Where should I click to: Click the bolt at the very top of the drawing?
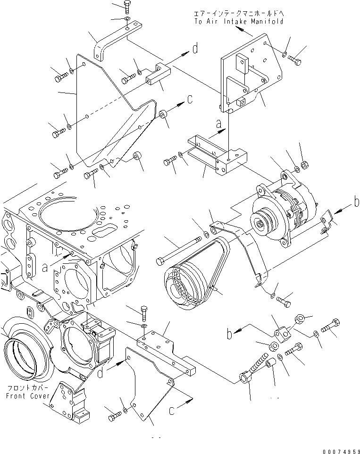click(128, 6)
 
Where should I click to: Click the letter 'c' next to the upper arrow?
click(190, 99)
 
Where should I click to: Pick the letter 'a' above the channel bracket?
click(218, 124)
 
